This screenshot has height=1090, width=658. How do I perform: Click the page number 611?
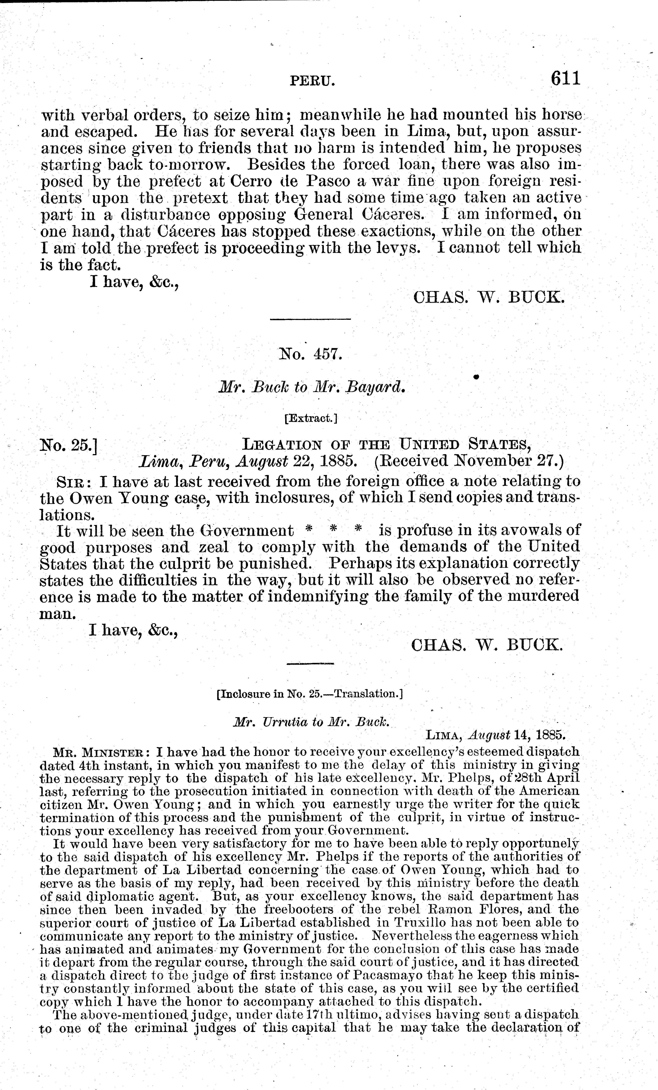coord(565,79)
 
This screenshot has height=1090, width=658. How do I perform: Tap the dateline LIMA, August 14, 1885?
coord(495,735)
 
